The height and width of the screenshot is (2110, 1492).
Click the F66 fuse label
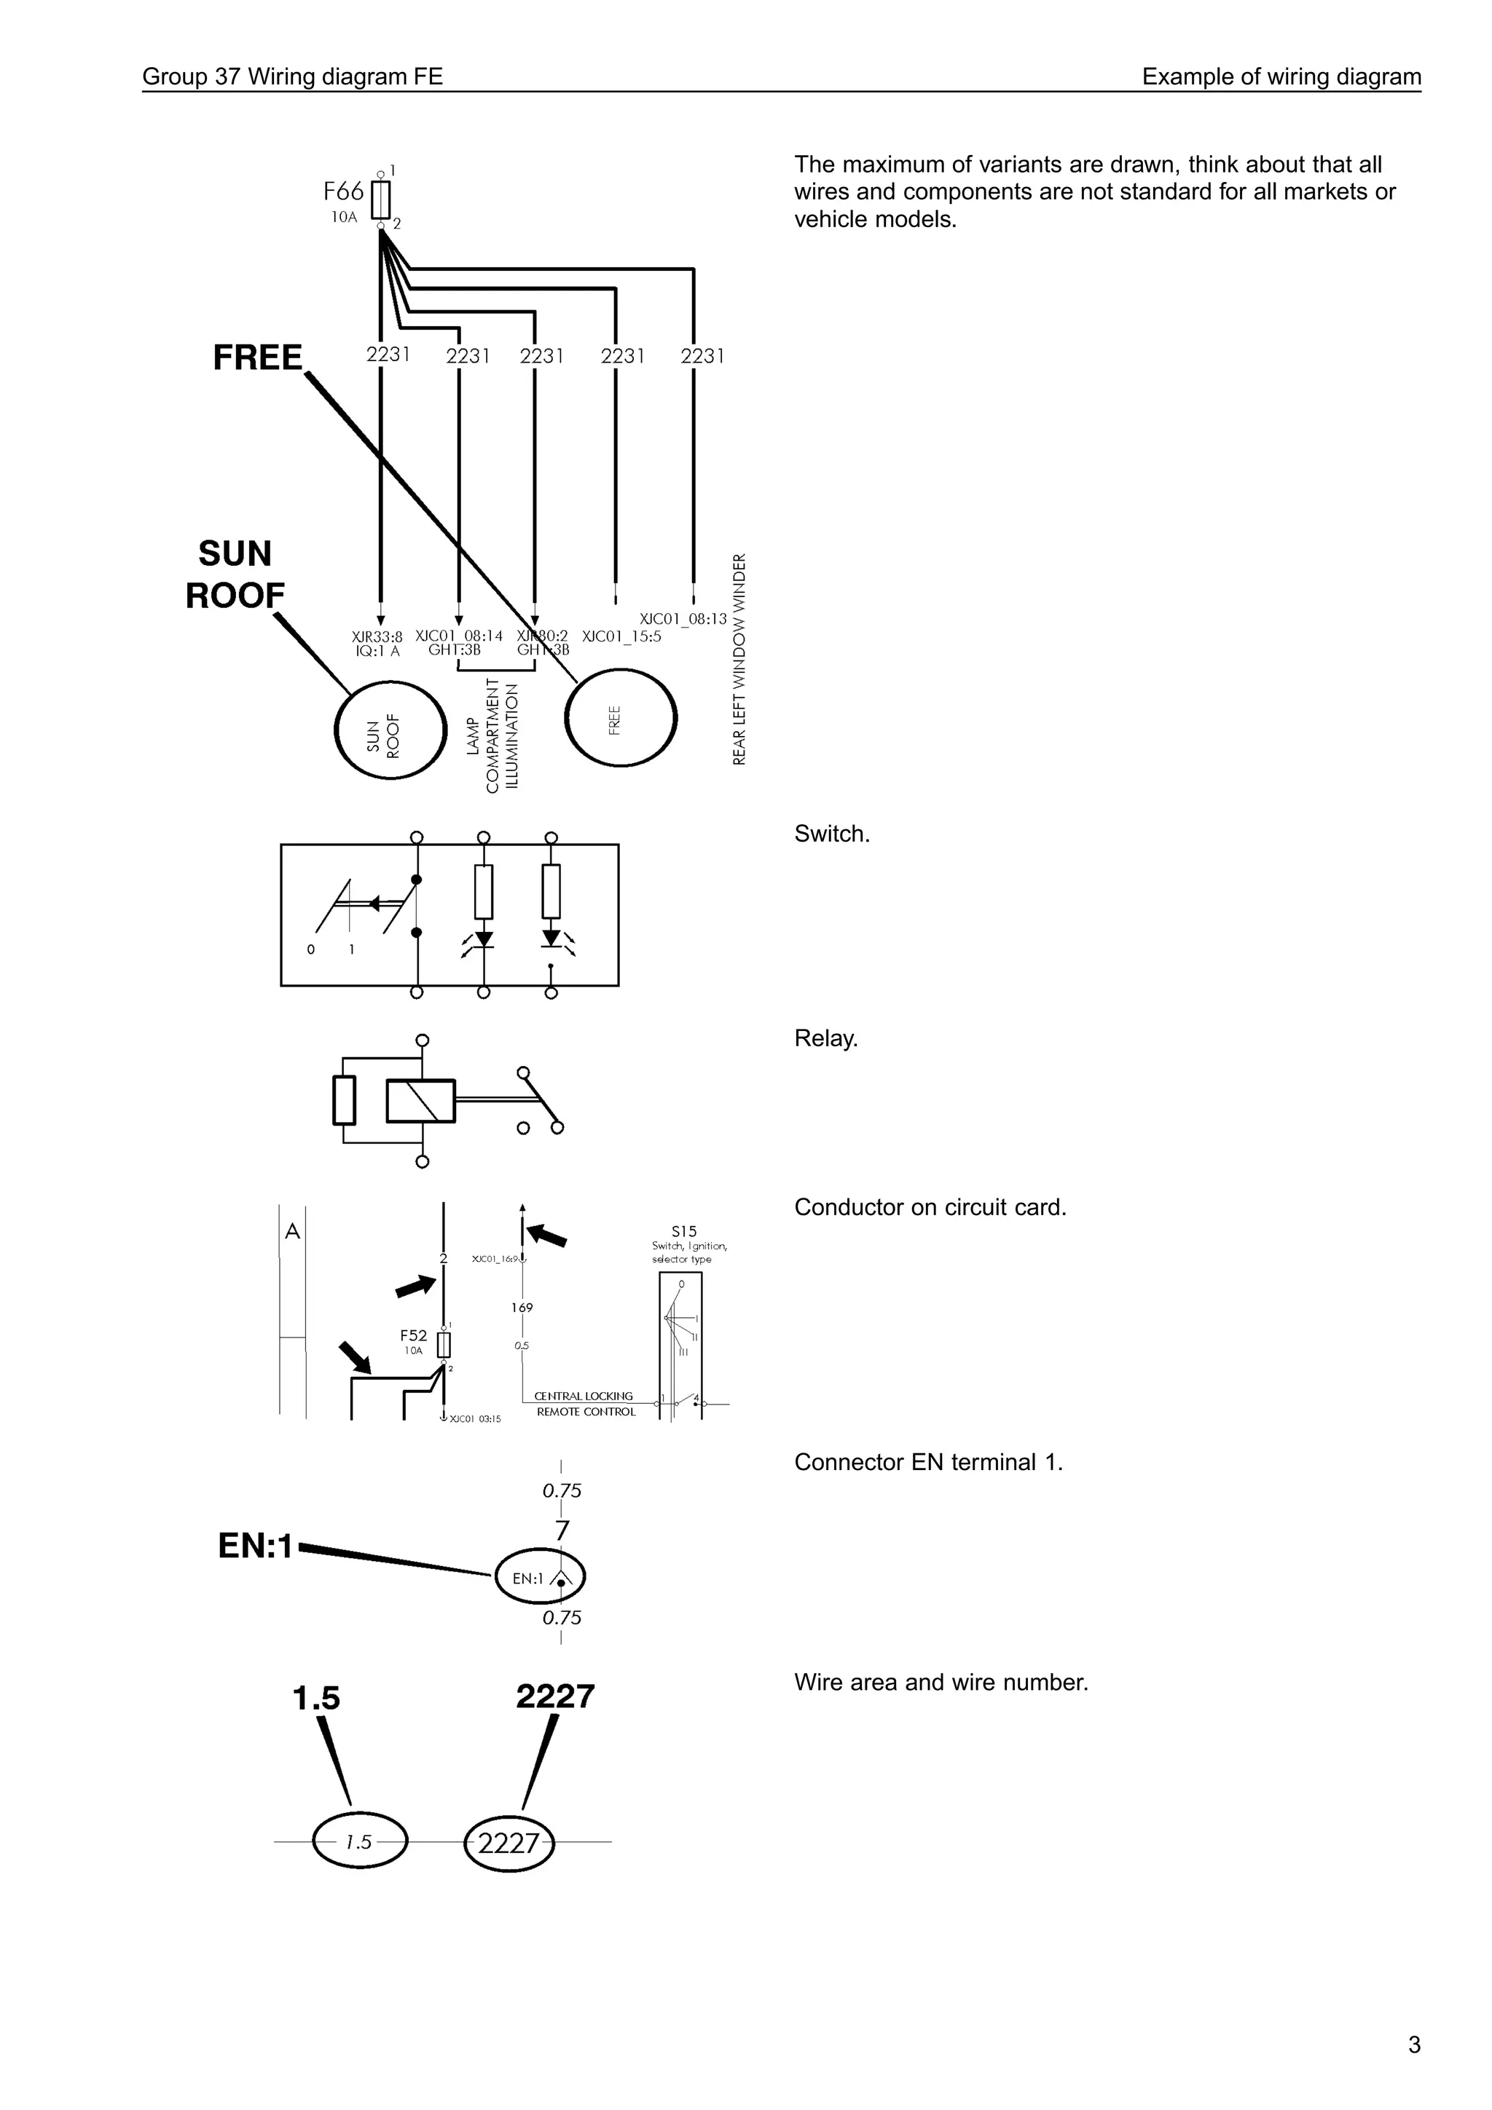coord(344,192)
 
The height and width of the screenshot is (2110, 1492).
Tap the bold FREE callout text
coord(257,357)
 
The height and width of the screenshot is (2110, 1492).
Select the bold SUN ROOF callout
coord(235,574)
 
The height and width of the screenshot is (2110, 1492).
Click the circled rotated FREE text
coord(615,719)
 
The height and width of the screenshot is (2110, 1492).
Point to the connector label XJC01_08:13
coord(683,620)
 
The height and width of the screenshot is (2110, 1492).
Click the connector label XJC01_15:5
coord(621,636)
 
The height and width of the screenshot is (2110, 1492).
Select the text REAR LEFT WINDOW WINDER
coord(740,658)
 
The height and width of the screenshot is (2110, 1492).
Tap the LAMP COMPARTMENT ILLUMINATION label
coord(492,736)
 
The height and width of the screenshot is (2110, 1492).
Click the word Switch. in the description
coord(831,834)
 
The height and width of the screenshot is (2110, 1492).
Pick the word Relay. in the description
coord(825,1038)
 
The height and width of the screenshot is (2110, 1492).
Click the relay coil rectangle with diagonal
coord(420,1101)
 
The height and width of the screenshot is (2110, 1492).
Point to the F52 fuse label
coord(413,1335)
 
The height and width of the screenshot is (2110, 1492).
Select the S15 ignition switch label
coord(684,1231)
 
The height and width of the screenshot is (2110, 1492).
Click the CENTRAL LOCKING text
coord(584,1396)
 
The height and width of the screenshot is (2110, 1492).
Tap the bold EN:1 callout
coord(255,1546)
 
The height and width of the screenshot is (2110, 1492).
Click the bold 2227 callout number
coord(554,1696)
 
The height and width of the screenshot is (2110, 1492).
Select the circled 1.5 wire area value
coord(358,1841)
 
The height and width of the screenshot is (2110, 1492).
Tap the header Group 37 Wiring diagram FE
coord(292,77)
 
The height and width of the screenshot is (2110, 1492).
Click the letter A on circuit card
coord(292,1231)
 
